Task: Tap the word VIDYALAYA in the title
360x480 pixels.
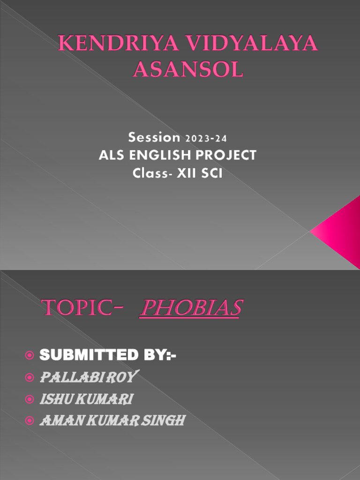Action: [247, 45]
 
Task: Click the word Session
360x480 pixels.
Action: [154, 138]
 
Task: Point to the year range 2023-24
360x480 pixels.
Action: [206, 139]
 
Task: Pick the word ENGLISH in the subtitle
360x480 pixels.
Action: [156, 155]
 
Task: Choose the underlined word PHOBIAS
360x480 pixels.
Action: [190, 308]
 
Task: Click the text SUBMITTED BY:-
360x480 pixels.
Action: [108, 356]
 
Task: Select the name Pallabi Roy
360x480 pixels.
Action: [89, 377]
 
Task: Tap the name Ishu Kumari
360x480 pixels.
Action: [87, 399]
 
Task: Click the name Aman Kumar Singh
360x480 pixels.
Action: [112, 420]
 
